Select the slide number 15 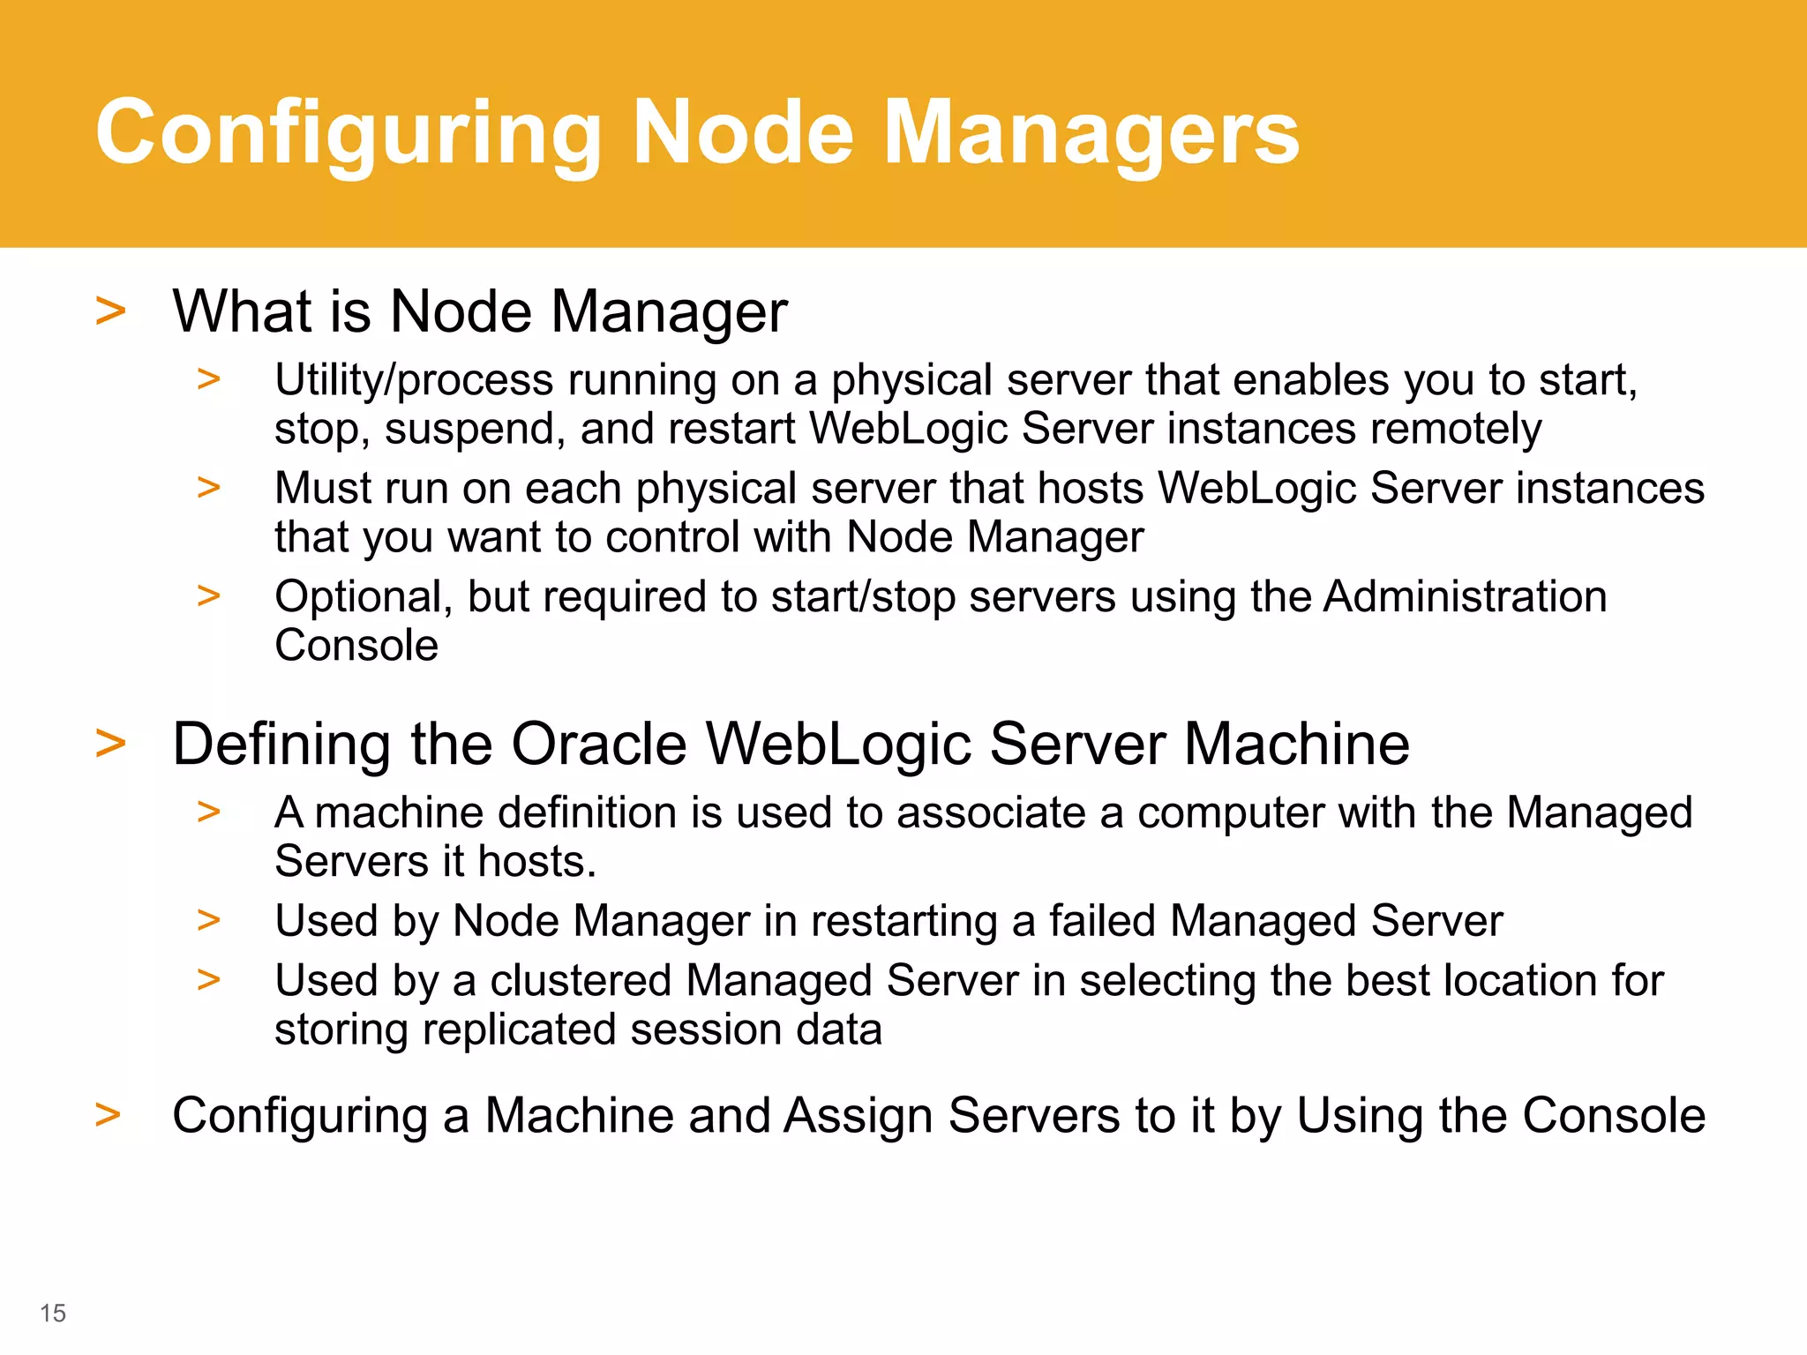pos(53,1313)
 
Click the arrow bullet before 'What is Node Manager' pos(110,311)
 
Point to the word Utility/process pos(414,381)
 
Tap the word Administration pos(1465,597)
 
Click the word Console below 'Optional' pos(356,645)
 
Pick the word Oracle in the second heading pos(599,744)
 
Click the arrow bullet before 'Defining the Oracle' pos(110,744)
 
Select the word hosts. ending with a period pos(536,861)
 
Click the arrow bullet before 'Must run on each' pos(209,487)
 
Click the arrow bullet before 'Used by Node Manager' pos(209,920)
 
